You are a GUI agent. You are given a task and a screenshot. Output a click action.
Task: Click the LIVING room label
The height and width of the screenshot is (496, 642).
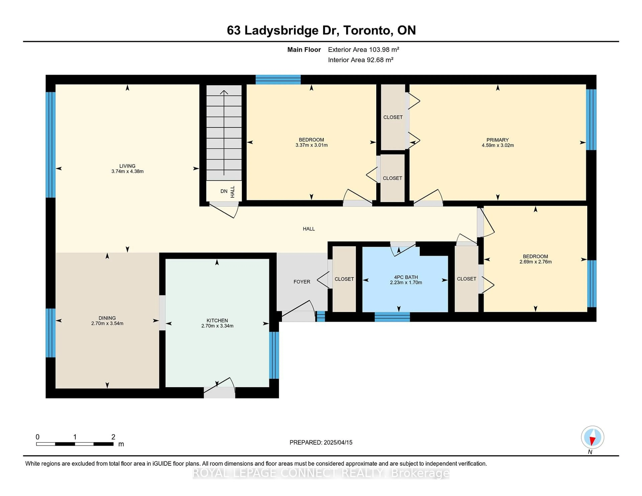click(x=127, y=166)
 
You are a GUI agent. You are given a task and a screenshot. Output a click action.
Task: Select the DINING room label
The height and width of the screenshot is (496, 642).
click(x=107, y=318)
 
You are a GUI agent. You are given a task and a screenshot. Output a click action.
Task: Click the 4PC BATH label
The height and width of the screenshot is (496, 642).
click(x=406, y=277)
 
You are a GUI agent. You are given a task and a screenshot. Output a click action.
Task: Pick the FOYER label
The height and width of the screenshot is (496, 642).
click(x=302, y=282)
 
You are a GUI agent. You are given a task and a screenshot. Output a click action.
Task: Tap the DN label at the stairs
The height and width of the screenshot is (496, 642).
click(x=224, y=191)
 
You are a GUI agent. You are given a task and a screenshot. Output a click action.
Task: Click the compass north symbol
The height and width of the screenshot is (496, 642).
click(x=592, y=437)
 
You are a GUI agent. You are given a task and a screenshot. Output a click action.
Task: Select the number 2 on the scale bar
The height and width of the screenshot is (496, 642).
click(x=113, y=437)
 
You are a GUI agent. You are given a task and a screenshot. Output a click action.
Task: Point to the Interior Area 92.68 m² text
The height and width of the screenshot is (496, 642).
click(x=361, y=60)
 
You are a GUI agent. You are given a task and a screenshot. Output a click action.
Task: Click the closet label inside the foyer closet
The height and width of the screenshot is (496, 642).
click(x=344, y=279)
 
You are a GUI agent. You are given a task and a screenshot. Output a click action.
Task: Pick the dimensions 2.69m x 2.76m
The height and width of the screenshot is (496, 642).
click(x=536, y=262)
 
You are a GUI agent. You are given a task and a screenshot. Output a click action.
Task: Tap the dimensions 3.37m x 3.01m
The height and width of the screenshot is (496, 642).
click(x=312, y=145)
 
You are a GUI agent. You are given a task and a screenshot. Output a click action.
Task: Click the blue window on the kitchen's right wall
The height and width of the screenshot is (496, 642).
click(x=274, y=355)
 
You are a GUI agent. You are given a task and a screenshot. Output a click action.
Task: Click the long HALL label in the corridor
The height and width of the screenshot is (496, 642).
click(x=309, y=229)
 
